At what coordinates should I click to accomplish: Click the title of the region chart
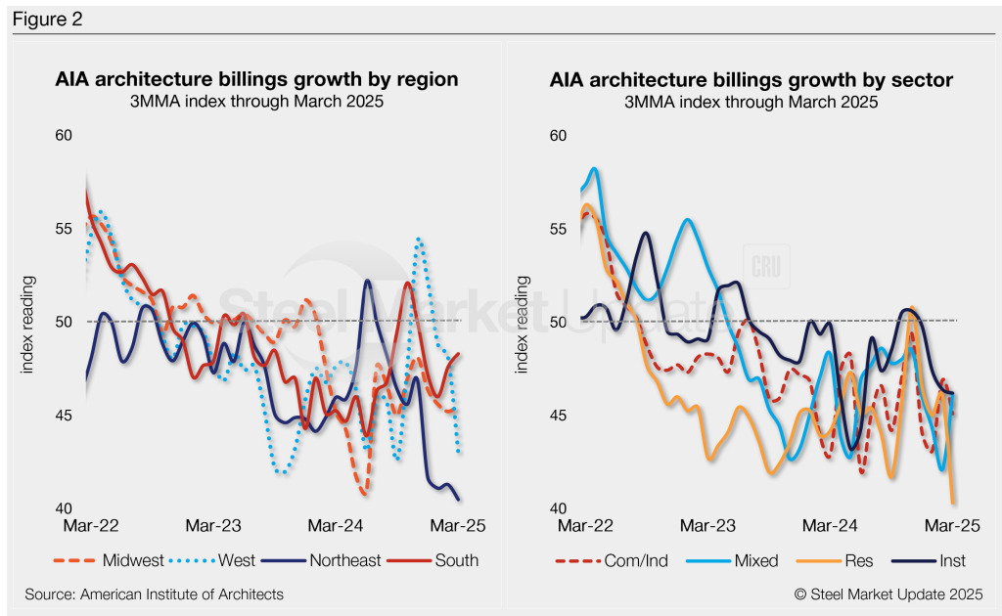(x=256, y=79)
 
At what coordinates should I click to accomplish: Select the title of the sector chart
(x=751, y=79)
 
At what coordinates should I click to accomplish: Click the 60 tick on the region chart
(x=64, y=135)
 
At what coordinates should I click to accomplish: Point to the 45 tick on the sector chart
(x=559, y=417)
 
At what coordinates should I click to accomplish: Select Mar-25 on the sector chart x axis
(x=953, y=526)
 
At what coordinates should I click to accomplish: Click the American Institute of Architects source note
(x=155, y=594)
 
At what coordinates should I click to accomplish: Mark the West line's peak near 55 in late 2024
(x=419, y=238)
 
